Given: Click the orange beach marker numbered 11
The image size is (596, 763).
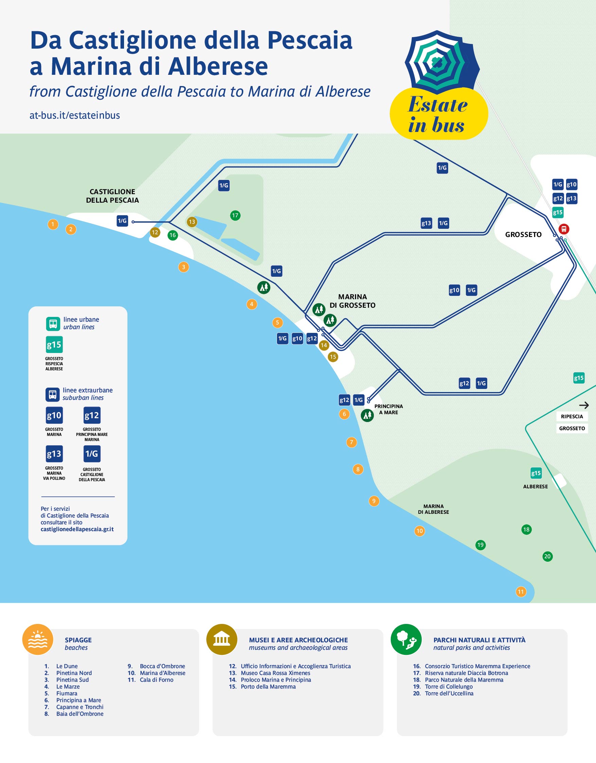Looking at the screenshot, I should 521,592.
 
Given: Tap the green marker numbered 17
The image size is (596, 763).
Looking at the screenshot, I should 235,216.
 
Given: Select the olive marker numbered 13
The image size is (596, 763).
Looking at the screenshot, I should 192,222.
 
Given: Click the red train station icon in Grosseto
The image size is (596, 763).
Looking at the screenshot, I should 563,229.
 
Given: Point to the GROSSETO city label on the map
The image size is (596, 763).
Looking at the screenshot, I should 523,234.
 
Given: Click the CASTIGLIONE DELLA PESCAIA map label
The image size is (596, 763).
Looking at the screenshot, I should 112,196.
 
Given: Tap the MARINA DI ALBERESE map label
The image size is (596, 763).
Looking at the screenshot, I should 433,509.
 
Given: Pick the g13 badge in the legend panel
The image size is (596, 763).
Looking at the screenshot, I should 54,454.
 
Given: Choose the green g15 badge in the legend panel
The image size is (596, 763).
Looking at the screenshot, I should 54,344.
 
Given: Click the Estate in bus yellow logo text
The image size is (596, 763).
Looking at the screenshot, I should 437,114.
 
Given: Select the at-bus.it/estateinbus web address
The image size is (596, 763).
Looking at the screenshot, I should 75,115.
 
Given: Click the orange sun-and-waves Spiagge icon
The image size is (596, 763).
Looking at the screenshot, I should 38,640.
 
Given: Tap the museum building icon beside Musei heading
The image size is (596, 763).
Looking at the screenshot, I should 222,640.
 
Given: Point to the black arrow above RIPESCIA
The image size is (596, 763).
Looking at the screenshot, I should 584,405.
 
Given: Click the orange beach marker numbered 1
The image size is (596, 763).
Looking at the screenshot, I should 53,224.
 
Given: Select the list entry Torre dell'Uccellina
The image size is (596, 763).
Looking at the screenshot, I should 449,694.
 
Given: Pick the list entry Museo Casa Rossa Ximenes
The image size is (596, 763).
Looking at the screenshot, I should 275,673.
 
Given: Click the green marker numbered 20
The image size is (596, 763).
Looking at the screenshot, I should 547,557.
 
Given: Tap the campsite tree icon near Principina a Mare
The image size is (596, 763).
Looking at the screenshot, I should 367,416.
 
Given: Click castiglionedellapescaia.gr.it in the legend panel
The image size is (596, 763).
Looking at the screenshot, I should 77,529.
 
